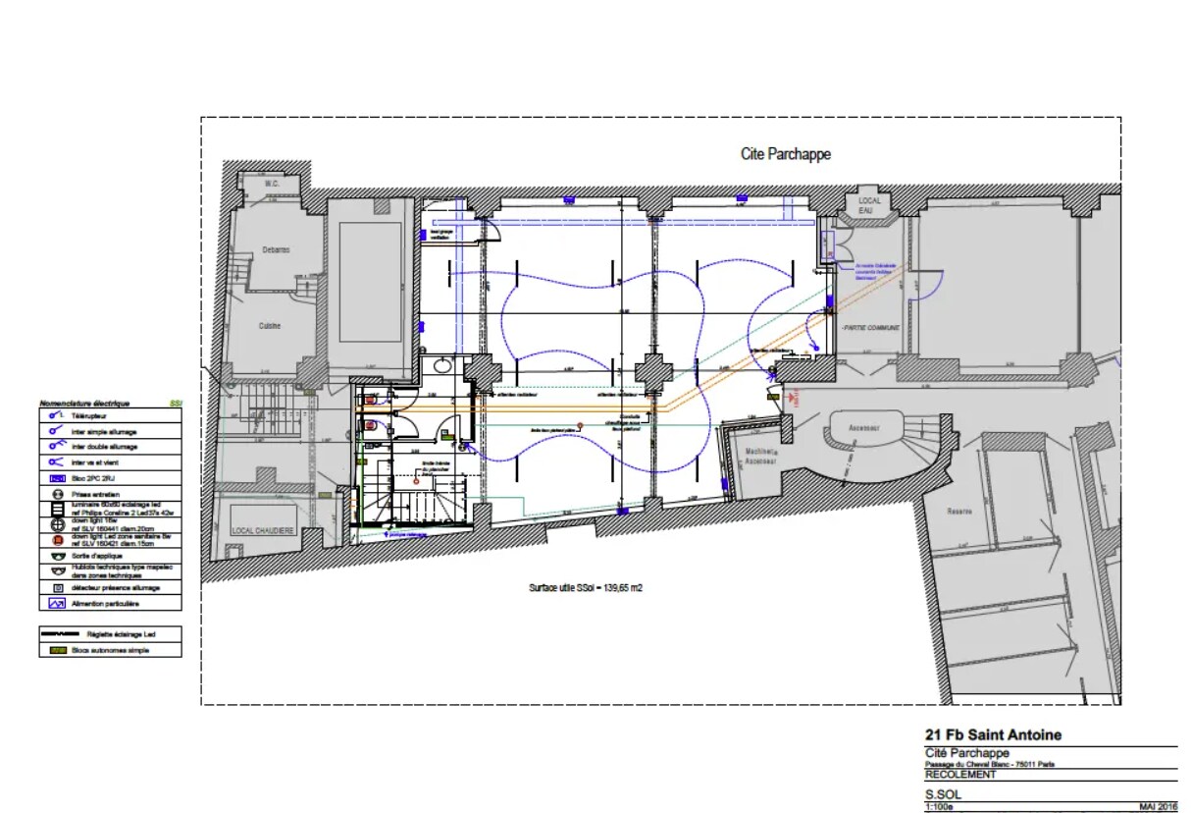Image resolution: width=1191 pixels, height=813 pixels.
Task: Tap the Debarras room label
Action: (x=276, y=250)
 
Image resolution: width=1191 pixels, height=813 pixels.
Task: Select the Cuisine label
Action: (x=271, y=325)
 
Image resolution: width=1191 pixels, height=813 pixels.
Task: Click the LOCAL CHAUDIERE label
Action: (x=262, y=530)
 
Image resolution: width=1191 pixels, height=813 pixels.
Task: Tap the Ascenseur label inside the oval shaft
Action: (x=864, y=428)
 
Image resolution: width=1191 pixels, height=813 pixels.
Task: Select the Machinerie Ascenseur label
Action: (x=760, y=455)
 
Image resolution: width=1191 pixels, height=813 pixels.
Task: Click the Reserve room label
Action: (x=958, y=511)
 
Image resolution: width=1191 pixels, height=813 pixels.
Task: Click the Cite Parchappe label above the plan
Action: (x=785, y=154)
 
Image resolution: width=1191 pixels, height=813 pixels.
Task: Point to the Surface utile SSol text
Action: (x=586, y=588)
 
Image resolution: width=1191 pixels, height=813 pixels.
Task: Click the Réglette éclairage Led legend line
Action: (x=63, y=634)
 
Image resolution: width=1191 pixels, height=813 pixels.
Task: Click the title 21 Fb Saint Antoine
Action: (x=993, y=734)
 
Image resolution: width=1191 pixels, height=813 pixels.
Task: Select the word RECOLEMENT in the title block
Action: (x=960, y=775)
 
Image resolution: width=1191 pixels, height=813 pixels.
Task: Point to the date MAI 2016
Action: (x=1158, y=807)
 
